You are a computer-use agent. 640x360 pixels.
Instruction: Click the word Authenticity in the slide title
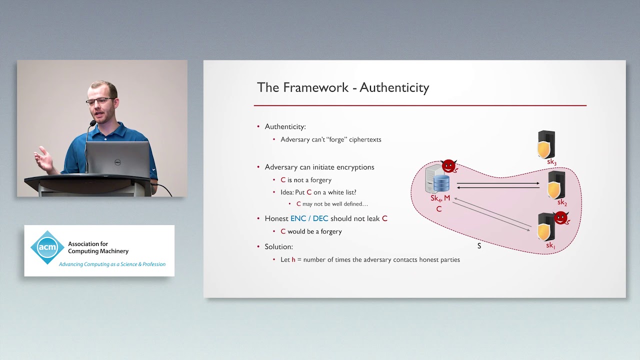click(394, 88)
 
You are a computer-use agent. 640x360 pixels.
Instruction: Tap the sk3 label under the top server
click(551, 162)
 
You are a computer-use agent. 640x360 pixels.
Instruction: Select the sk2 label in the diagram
click(562, 202)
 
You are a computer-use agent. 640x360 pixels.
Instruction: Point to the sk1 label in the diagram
click(550, 245)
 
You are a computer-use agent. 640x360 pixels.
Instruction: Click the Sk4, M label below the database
click(440, 198)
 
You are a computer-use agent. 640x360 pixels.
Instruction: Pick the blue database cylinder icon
click(441, 183)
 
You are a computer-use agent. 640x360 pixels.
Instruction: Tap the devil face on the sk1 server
click(561, 218)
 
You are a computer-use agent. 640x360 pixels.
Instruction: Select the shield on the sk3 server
click(544, 149)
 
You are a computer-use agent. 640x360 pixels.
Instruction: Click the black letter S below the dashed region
click(479, 246)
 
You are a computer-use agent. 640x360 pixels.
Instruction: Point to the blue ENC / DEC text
click(309, 218)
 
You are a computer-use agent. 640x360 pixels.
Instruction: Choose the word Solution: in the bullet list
click(278, 246)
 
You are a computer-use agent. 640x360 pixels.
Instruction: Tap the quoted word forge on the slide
click(336, 139)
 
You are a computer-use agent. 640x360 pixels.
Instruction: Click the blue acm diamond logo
click(47, 247)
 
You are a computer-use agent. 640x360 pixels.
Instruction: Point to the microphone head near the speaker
click(93, 123)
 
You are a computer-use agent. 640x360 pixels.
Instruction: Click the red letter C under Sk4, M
click(439, 209)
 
